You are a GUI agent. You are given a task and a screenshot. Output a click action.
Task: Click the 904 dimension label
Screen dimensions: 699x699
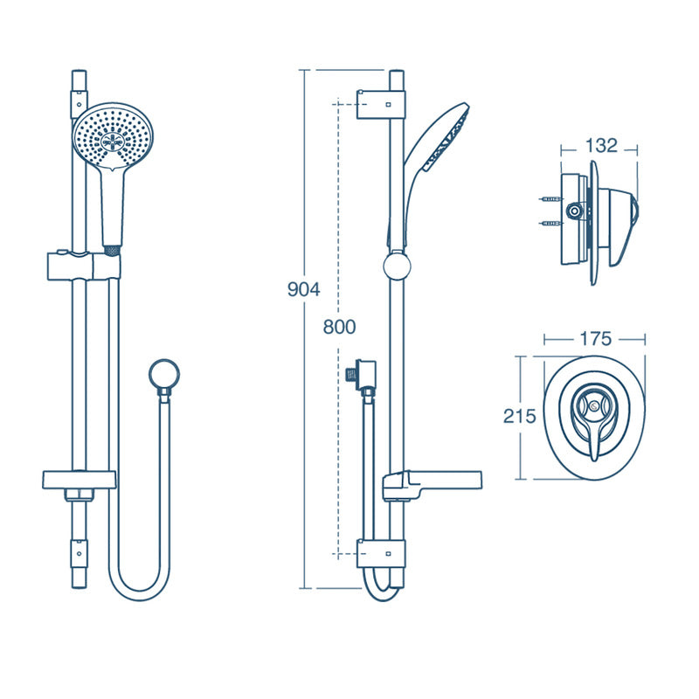click(304, 289)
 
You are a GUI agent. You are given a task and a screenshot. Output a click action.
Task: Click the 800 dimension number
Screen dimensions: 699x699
click(339, 327)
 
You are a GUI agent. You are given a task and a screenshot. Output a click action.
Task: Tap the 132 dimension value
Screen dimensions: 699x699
click(601, 146)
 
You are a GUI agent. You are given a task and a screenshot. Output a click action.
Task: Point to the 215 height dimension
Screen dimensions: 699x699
click(518, 416)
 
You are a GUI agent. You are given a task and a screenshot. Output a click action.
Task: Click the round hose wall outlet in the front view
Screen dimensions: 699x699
click(163, 374)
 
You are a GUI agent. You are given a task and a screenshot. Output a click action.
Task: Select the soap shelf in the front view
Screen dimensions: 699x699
click(79, 479)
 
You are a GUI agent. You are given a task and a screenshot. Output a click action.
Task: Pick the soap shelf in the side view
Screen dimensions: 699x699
click(433, 482)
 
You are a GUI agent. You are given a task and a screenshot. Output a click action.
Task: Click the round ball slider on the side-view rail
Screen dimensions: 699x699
click(396, 265)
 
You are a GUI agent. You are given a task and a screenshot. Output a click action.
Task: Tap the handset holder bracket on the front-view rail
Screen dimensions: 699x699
click(82, 263)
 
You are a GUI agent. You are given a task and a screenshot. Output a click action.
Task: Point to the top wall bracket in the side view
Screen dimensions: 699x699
click(381, 101)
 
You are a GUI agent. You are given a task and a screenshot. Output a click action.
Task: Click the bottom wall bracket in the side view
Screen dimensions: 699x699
click(381, 552)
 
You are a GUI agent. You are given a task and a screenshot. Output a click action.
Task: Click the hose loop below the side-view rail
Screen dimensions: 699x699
click(379, 590)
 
